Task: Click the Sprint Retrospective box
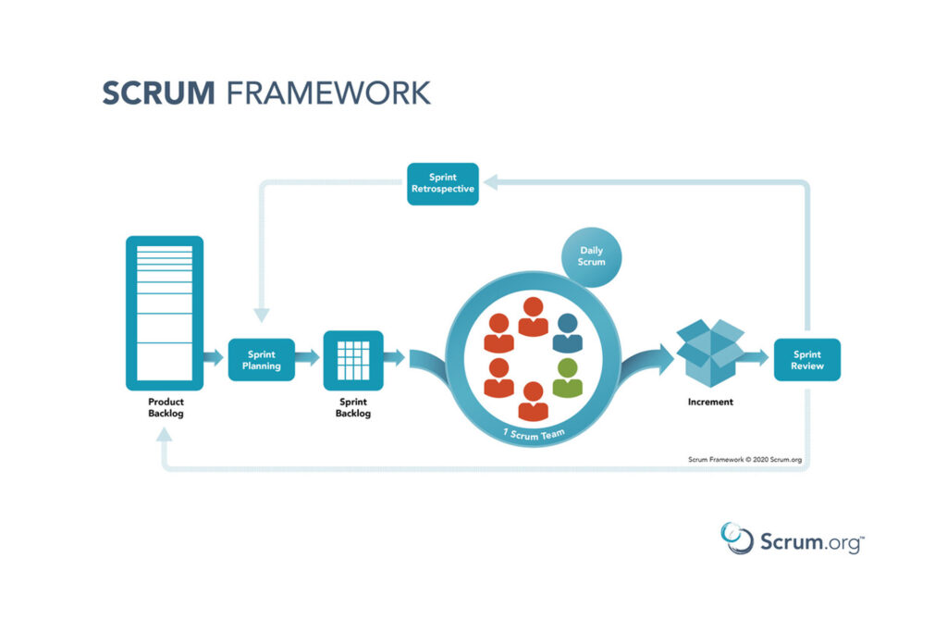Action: pyautogui.click(x=443, y=184)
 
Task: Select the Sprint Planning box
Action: pyautogui.click(x=262, y=360)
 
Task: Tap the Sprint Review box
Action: pyautogui.click(x=806, y=360)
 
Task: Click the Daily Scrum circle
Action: pyautogui.click(x=591, y=257)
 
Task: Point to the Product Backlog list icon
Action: pyautogui.click(x=165, y=313)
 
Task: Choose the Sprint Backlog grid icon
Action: pyautogui.click(x=353, y=360)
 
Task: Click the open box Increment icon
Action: pyautogui.click(x=710, y=353)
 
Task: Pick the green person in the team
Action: pyautogui.click(x=567, y=378)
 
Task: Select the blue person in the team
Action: pyautogui.click(x=567, y=333)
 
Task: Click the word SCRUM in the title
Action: pyautogui.click(x=158, y=93)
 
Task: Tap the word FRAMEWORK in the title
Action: pyautogui.click(x=328, y=93)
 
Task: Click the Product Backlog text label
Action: pyautogui.click(x=166, y=407)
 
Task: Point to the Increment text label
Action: pyautogui.click(x=710, y=402)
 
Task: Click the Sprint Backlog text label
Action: pyautogui.click(x=353, y=407)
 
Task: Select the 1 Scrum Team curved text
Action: pyautogui.click(x=534, y=434)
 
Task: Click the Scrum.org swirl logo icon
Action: pyautogui.click(x=737, y=538)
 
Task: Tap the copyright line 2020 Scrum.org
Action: pyautogui.click(x=744, y=460)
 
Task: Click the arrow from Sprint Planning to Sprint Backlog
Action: pyautogui.click(x=307, y=358)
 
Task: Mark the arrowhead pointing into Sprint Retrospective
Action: pyautogui.click(x=490, y=182)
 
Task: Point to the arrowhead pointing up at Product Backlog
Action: pyautogui.click(x=165, y=434)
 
